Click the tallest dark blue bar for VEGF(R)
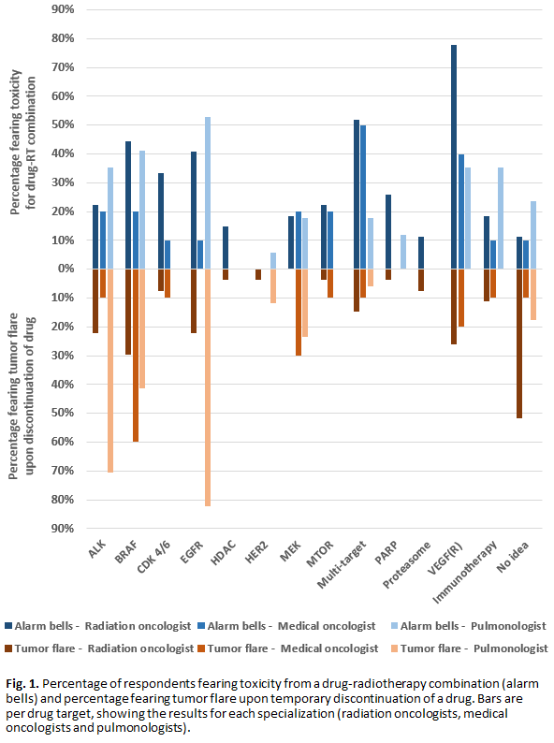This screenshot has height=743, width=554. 454,157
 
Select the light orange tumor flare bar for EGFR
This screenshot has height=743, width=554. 208,387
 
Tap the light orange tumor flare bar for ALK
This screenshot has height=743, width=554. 110,371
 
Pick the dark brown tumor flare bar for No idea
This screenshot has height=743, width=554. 519,343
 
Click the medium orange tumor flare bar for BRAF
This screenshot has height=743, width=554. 136,356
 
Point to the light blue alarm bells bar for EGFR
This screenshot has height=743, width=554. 208,193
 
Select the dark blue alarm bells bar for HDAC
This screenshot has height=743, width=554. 226,248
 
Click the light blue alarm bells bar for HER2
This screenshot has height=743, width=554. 273,261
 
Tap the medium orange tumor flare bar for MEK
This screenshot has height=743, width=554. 299,313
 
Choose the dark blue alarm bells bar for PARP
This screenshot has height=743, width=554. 388,232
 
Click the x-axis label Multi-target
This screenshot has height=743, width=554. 343,564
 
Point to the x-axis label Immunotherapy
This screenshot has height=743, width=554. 465,572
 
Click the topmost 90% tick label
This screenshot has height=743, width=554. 63,9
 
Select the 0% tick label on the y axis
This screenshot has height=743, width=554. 66,269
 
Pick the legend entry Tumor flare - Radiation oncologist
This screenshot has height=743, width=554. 99,648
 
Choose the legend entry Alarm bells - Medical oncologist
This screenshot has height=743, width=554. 286,626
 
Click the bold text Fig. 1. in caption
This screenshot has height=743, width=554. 22,684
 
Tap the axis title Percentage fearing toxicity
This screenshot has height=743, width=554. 16,142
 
